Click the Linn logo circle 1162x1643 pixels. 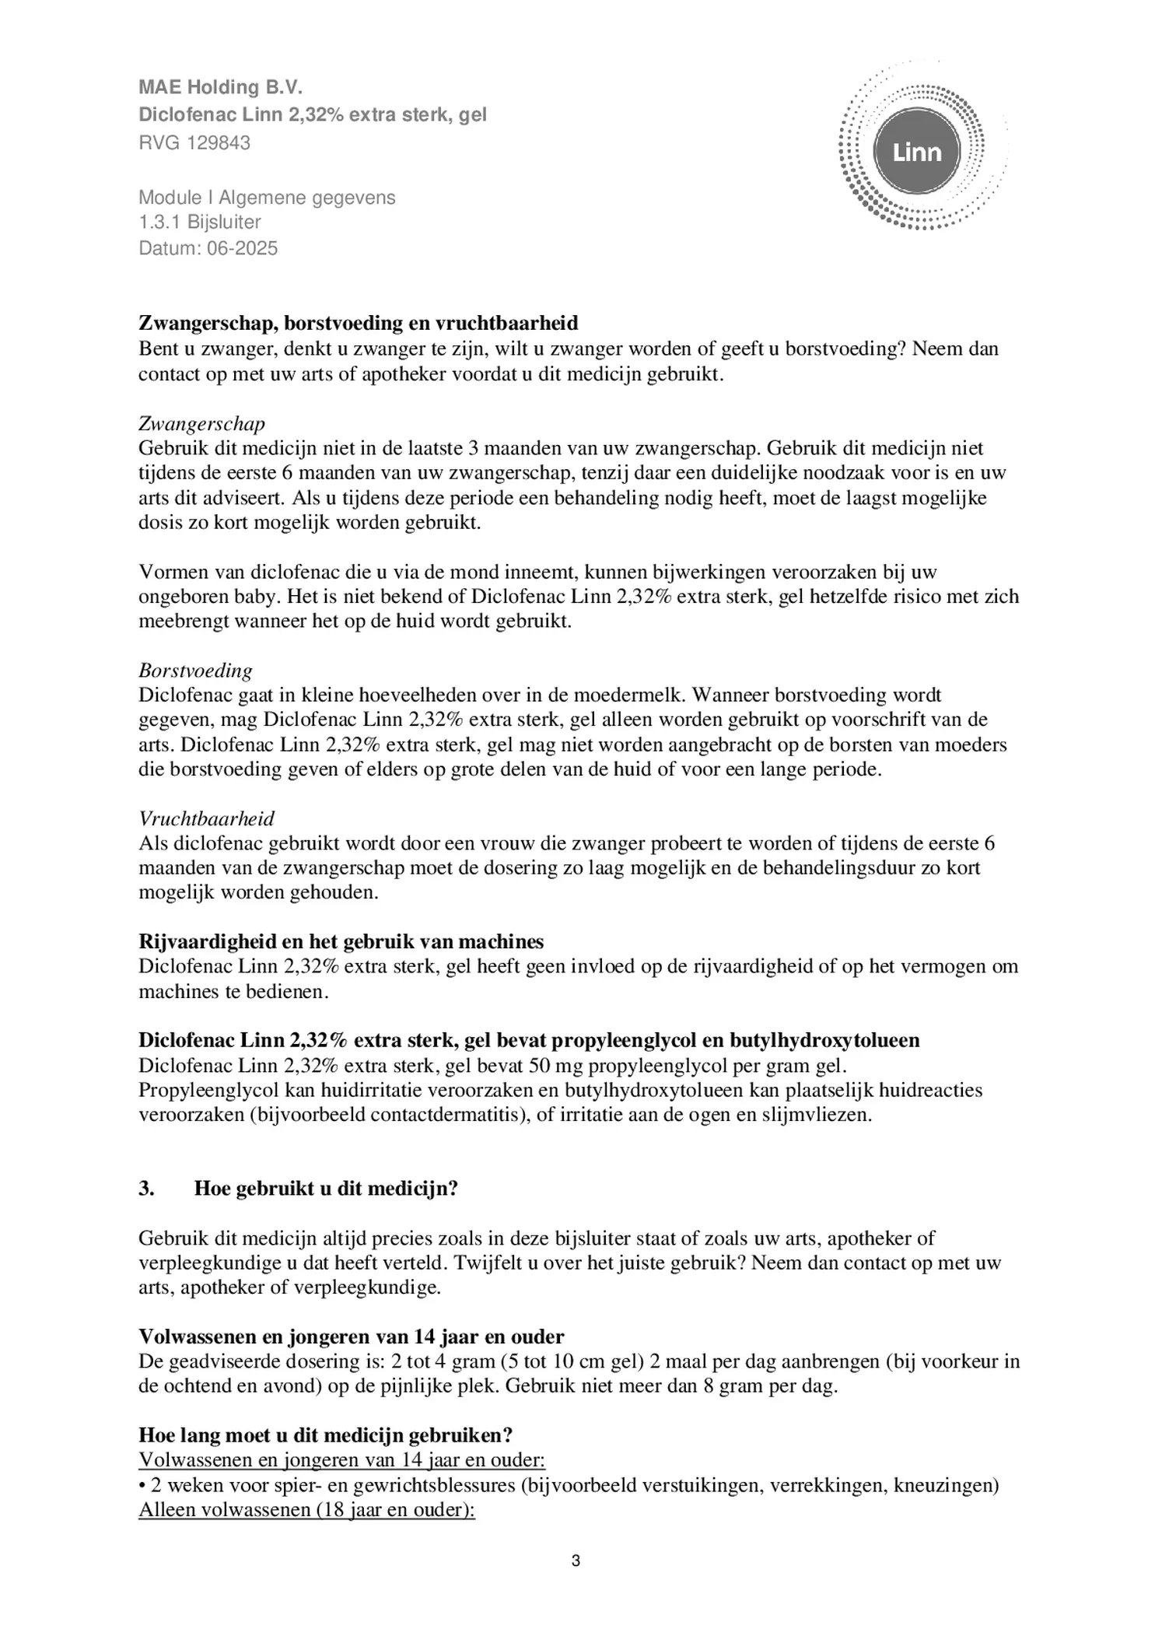[917, 152]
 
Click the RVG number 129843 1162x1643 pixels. [218, 143]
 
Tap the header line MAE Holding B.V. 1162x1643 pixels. [219, 87]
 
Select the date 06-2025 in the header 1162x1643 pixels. [242, 248]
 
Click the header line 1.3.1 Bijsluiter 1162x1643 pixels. [200, 222]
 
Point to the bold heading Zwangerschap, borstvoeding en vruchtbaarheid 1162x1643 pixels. [358, 323]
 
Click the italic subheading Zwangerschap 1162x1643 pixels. [201, 423]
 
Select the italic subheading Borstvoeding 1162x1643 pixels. [195, 671]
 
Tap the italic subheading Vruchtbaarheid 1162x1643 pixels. [206, 818]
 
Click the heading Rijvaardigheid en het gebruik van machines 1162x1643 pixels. [341, 942]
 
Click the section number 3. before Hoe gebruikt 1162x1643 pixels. [146, 1189]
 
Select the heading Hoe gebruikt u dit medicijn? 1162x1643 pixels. [326, 1189]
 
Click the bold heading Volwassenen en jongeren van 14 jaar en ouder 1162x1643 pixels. [351, 1337]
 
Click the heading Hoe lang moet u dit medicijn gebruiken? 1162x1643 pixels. [325, 1435]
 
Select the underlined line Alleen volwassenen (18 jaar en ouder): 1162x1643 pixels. [306, 1510]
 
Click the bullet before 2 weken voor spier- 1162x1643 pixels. [142, 1486]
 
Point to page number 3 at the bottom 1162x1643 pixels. [576, 1561]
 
